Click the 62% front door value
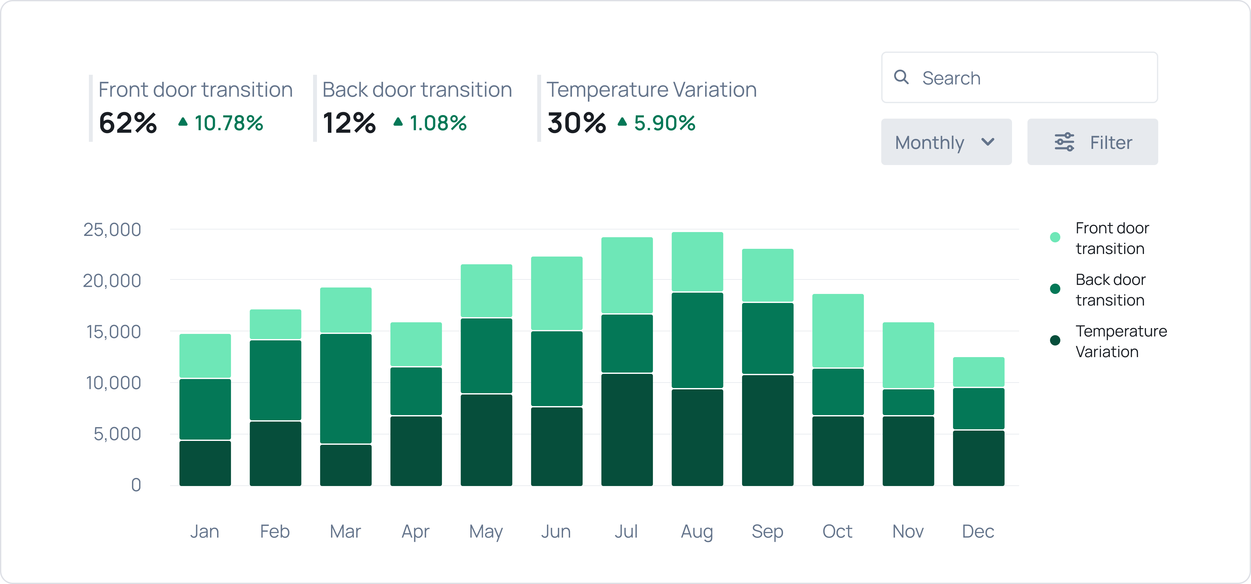[x=128, y=123]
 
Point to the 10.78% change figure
[x=228, y=123]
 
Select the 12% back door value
[x=349, y=123]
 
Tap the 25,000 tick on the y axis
[x=112, y=229]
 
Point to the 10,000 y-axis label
[x=113, y=383]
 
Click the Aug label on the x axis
[x=697, y=531]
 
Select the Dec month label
[x=978, y=531]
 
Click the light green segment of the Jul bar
[x=627, y=275]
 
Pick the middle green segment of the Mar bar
[x=346, y=388]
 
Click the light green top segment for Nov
[x=908, y=355]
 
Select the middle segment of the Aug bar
[x=697, y=340]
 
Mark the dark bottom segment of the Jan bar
[x=205, y=463]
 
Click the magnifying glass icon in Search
[x=901, y=77]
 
